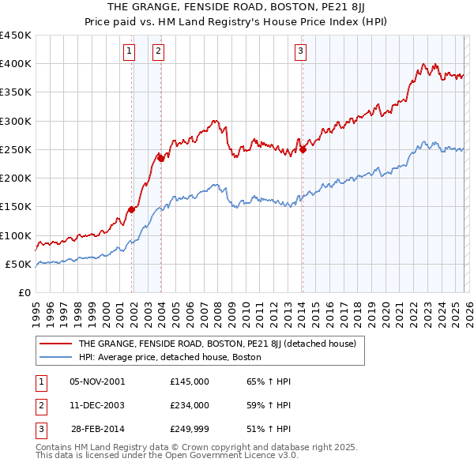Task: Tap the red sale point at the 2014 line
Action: pos(303,150)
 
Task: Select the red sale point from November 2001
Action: pos(131,209)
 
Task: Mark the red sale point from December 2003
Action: pos(161,159)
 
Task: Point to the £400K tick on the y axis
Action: pos(16,64)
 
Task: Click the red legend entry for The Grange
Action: pos(217,344)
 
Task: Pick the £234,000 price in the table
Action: pos(190,405)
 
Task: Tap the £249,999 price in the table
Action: pos(190,430)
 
